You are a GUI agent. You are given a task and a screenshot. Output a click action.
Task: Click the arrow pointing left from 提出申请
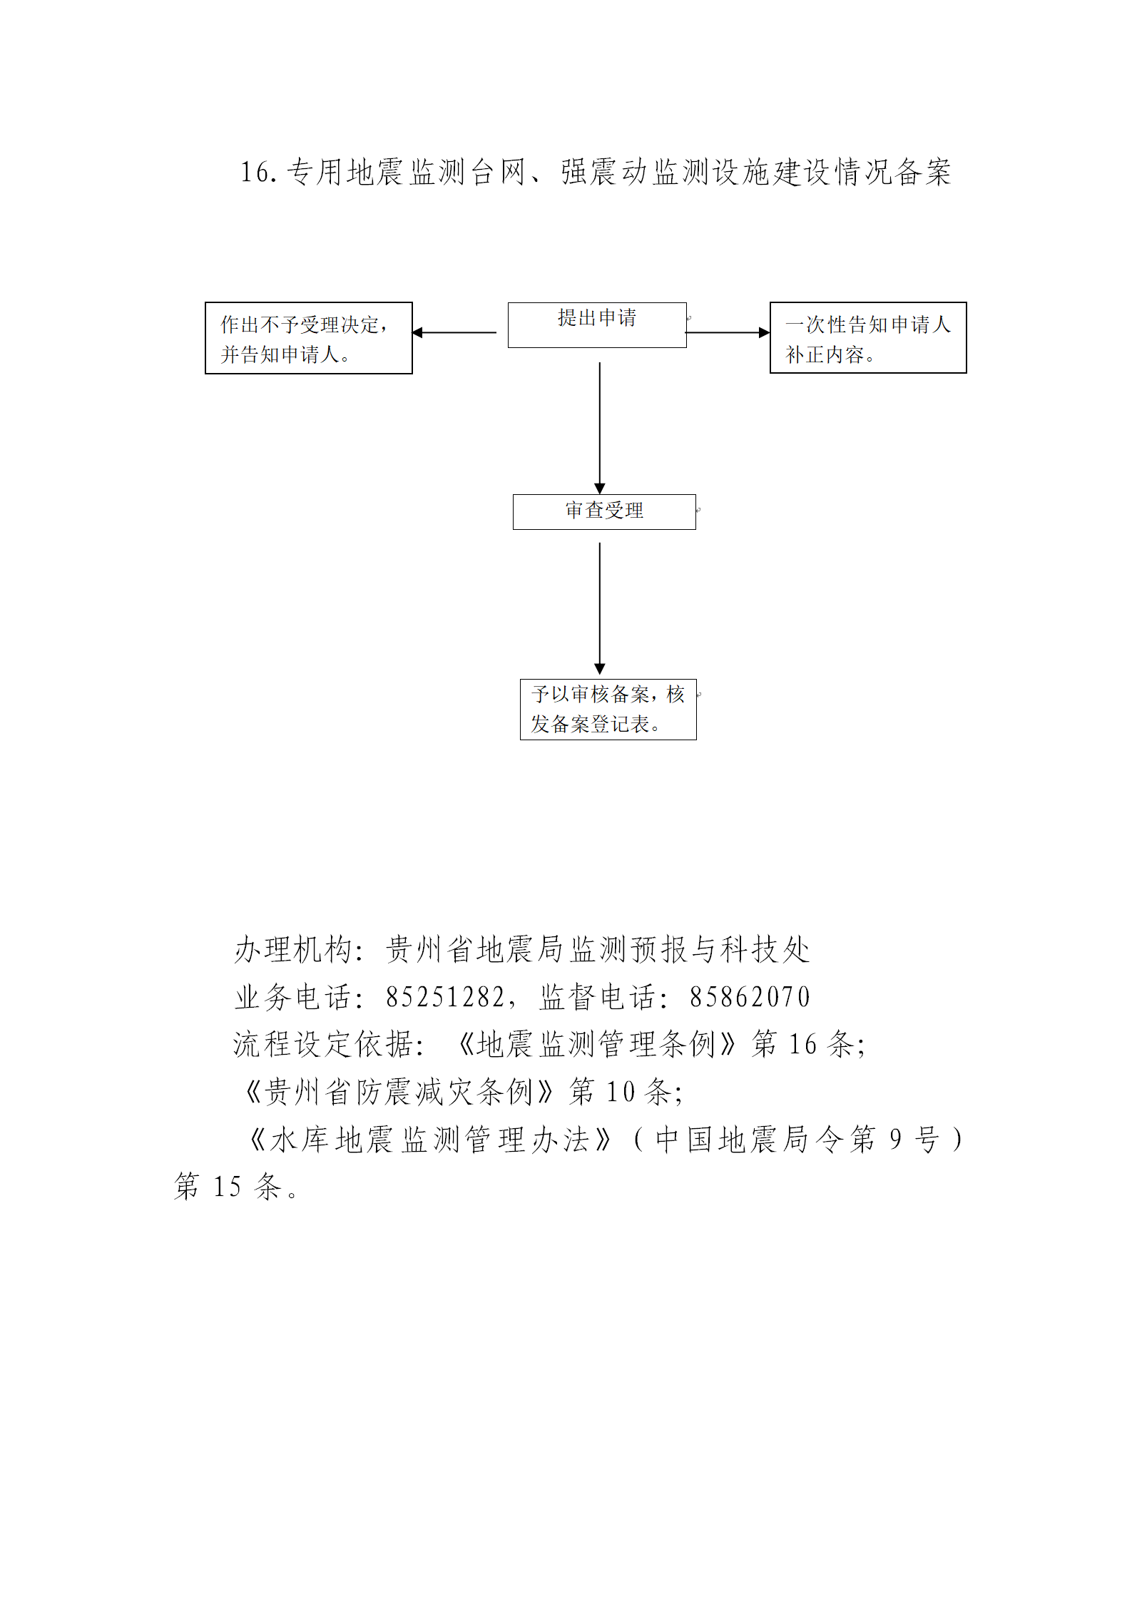click(454, 332)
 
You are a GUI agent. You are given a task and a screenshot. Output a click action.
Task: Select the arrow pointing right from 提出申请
click(728, 332)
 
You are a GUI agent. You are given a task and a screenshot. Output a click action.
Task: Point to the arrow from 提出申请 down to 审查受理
click(600, 428)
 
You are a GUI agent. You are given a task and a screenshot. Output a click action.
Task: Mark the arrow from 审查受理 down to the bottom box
click(600, 609)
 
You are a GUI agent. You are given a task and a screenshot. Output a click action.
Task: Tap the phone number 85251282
click(445, 997)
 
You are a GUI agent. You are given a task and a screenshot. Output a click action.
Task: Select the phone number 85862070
click(750, 997)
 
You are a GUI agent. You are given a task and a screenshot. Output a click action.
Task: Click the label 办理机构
click(293, 950)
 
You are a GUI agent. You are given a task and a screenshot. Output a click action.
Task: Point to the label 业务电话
click(293, 997)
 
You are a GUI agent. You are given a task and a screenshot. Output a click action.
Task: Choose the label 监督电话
click(598, 997)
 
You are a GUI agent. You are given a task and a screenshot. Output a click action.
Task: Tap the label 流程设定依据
click(324, 1044)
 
